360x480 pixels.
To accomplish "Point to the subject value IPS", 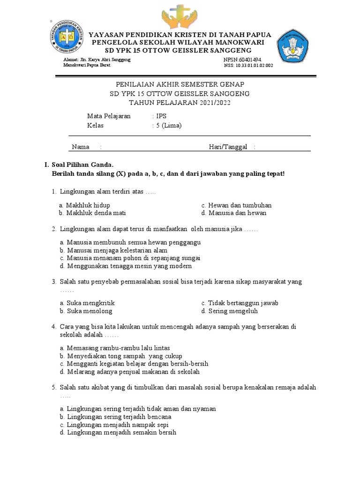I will [161, 116].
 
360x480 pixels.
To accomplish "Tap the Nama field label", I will [80, 147].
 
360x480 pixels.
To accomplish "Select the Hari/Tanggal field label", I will [228, 147].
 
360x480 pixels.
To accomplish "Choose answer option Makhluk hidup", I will [88, 205].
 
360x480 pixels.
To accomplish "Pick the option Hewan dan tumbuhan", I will [240, 205].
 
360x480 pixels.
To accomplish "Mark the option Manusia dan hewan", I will [237, 213].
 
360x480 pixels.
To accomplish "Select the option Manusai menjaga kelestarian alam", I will [117, 250].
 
